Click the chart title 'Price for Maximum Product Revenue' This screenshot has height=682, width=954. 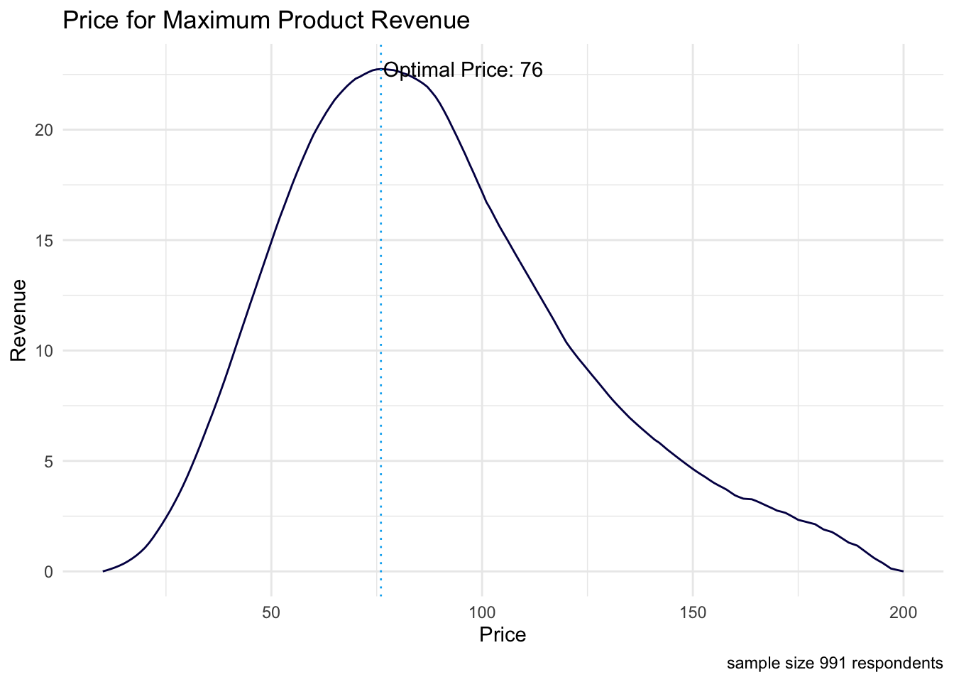(x=266, y=21)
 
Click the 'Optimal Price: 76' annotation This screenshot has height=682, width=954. (x=463, y=70)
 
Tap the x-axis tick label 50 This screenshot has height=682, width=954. (x=272, y=612)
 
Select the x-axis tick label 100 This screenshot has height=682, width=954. (x=482, y=612)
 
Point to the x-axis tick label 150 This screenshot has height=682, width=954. (x=693, y=612)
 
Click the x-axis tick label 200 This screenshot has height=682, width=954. (x=903, y=612)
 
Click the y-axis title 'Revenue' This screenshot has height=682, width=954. (x=18, y=320)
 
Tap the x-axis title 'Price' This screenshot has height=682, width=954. (x=503, y=634)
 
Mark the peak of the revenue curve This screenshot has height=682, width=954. (x=380, y=69)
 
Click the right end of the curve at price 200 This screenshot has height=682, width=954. (x=903, y=571)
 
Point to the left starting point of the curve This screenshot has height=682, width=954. (x=104, y=571)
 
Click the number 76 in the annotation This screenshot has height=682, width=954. (x=532, y=70)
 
